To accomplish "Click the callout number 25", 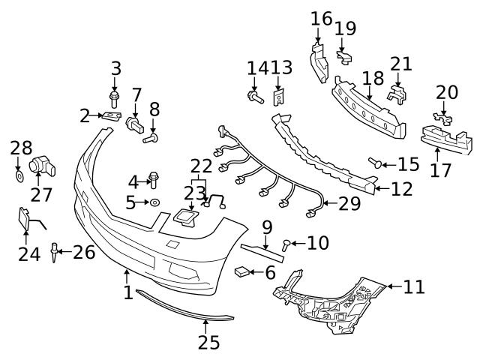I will (x=209, y=342).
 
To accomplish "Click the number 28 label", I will (x=21, y=148).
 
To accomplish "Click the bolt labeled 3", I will (x=115, y=98).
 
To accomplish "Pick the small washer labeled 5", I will (x=154, y=202).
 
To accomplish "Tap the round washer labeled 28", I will (x=19, y=177).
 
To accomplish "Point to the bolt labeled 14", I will (x=253, y=96).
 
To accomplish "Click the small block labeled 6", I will (x=244, y=271).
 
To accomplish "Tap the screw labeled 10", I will (x=287, y=243).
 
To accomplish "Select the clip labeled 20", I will (x=443, y=118).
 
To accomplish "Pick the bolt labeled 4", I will (x=154, y=179).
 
